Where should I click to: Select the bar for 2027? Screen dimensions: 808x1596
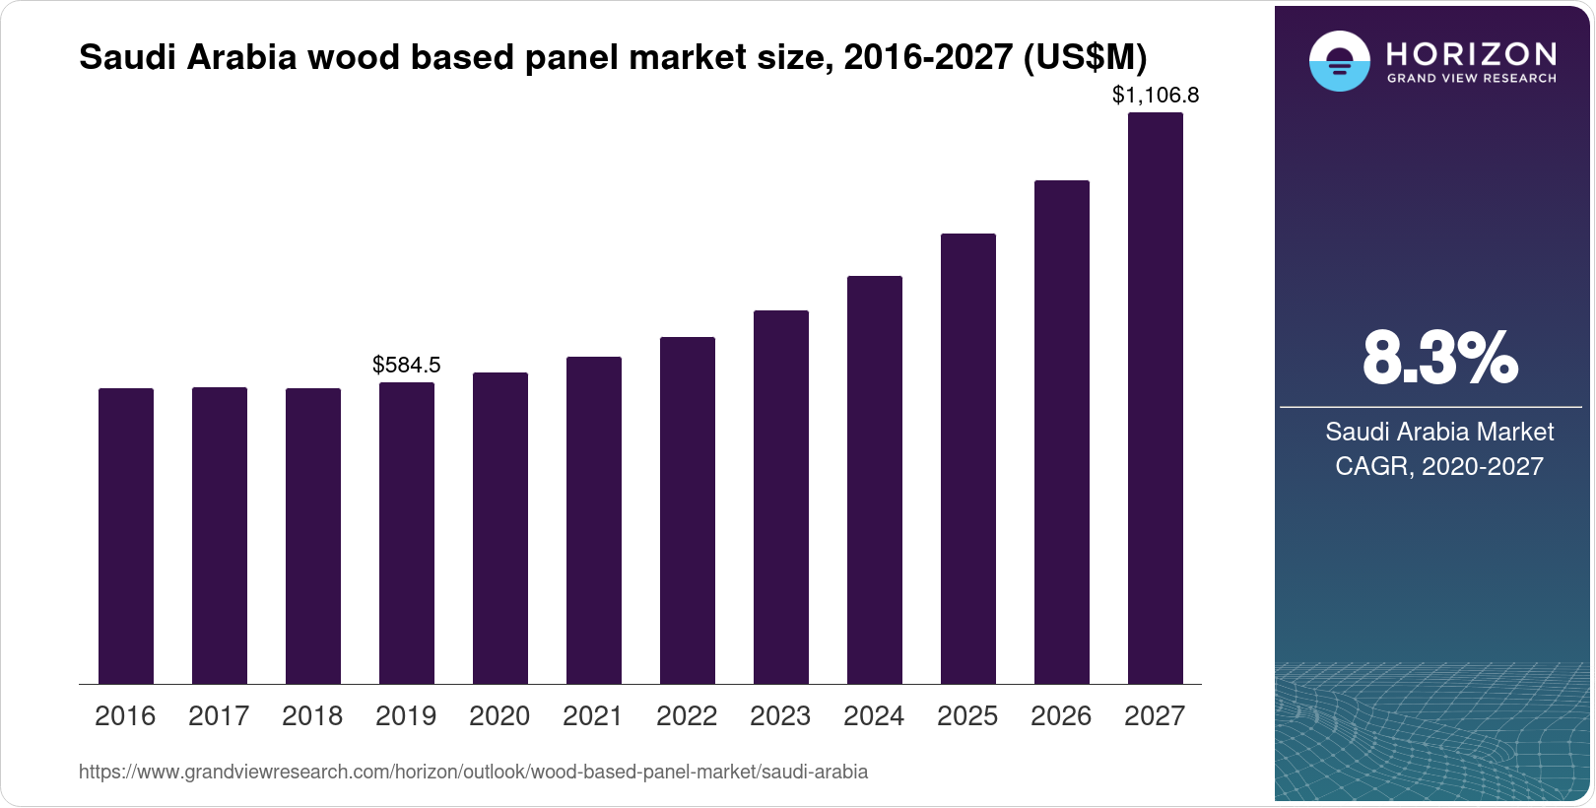click(1155, 398)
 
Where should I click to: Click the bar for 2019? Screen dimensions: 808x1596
click(406, 533)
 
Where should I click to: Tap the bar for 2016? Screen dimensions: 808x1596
click(126, 536)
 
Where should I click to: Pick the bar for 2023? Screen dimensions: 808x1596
click(780, 498)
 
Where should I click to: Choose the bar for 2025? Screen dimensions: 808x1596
click(967, 459)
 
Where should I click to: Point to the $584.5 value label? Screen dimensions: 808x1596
click(406, 366)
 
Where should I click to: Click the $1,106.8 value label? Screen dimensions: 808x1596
click(1155, 96)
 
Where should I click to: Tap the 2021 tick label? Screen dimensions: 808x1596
click(592, 716)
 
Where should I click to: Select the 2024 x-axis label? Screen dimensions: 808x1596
click(873, 716)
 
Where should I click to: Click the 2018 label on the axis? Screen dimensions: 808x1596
click(311, 716)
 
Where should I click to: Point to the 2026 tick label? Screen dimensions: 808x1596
click(1060, 716)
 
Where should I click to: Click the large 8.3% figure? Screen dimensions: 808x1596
click(1439, 359)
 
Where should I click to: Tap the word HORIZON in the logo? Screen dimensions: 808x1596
click(1471, 53)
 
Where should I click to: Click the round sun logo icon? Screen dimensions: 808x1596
click(1339, 61)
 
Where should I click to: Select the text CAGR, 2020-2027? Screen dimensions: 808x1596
click(1438, 466)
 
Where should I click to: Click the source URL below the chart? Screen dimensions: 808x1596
click(473, 773)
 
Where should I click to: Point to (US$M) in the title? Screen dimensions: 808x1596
click(1085, 58)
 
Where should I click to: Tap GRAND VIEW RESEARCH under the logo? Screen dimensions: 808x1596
click(1471, 79)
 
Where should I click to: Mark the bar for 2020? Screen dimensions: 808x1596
click(499, 528)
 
